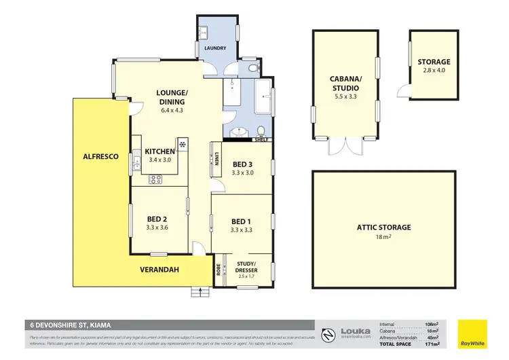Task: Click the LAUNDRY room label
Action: click(x=214, y=49)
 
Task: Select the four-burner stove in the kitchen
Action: click(x=155, y=179)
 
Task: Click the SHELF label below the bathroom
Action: click(x=261, y=140)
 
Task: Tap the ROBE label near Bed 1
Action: click(x=218, y=268)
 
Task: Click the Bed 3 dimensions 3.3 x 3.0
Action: click(x=242, y=173)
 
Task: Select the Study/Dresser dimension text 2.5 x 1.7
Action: click(x=246, y=277)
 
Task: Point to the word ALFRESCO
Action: click(x=100, y=156)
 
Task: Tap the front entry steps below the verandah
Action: click(x=198, y=292)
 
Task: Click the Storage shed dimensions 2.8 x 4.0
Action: click(x=434, y=71)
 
